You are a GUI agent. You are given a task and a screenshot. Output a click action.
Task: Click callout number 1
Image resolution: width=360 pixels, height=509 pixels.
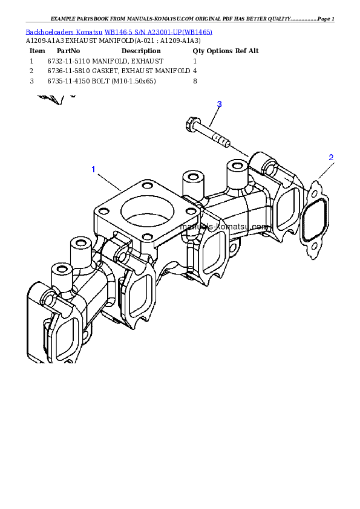click(x=93, y=169)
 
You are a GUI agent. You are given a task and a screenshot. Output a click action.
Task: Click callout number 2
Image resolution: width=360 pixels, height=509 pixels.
click(x=331, y=157)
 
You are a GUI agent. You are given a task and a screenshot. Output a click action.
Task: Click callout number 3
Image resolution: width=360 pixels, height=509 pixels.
click(x=219, y=104)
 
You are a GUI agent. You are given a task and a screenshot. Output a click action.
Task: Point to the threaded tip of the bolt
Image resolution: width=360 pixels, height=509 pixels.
click(x=223, y=143)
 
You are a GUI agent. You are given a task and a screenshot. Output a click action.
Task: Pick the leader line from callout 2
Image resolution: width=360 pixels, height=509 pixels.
click(x=324, y=171)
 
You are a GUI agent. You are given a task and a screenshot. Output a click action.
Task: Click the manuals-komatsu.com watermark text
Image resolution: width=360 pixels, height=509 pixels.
click(x=224, y=225)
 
